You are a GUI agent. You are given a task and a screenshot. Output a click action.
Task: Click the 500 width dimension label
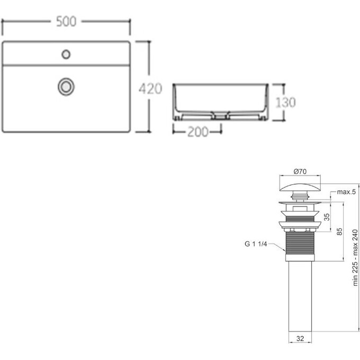(x=66, y=22)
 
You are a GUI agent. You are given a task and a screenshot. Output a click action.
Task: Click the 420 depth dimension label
(x=150, y=88)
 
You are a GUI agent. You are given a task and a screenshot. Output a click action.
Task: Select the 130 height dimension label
(x=285, y=102)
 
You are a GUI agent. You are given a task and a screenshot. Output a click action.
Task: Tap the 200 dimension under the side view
(x=198, y=132)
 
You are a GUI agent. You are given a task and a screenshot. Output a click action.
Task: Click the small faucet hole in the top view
(x=66, y=54)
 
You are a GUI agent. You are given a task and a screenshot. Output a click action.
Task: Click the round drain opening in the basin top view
(x=66, y=87)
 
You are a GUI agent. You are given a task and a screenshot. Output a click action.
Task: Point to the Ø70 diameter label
(x=300, y=172)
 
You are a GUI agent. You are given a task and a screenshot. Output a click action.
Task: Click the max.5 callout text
(x=346, y=192)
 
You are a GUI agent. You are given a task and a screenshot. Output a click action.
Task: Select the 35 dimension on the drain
(x=327, y=217)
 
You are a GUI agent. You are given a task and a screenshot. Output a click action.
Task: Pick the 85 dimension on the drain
(x=339, y=231)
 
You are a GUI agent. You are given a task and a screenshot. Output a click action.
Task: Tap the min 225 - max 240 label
(x=355, y=258)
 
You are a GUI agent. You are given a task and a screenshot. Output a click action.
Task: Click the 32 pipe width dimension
(x=300, y=338)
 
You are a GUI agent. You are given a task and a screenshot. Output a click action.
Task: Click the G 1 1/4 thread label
(x=256, y=244)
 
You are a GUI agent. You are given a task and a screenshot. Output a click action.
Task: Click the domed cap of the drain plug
(x=300, y=187)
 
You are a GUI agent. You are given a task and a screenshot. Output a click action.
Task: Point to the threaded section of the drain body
(x=300, y=244)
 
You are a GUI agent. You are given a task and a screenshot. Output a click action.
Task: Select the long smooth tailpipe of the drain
(x=300, y=296)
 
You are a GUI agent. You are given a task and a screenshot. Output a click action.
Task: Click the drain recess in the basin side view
(x=220, y=115)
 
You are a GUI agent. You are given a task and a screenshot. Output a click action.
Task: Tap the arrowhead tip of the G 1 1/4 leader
(x=285, y=251)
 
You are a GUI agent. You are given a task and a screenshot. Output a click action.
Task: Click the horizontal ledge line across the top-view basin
(x=66, y=65)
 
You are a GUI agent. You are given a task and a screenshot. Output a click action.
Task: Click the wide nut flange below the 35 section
(x=300, y=224)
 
